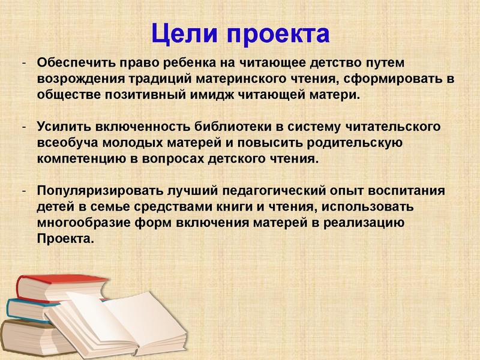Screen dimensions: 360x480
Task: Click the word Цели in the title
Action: [185, 33]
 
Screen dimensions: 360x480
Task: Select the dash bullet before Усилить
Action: [22, 127]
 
